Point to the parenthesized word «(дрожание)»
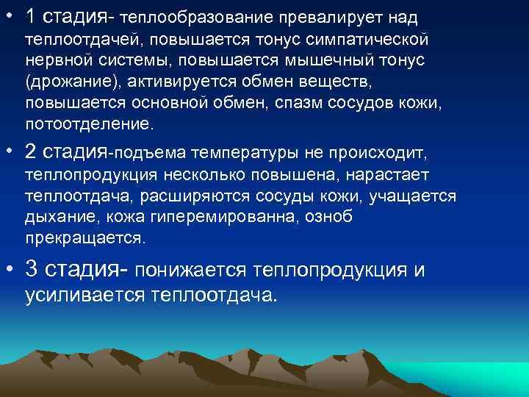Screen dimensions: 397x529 (68, 80)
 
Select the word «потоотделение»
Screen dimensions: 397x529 (90, 123)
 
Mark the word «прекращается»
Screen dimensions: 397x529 (85, 239)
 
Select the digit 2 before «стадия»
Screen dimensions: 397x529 (30, 153)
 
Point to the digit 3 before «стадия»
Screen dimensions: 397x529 (31, 270)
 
